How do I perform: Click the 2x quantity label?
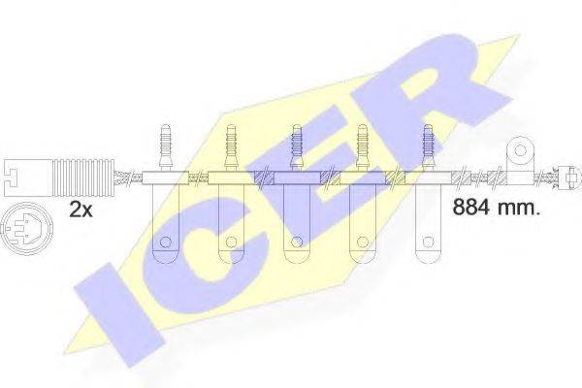(x=81, y=210)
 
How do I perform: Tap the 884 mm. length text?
(x=496, y=208)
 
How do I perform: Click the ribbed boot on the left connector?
(x=82, y=178)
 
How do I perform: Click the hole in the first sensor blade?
(x=165, y=242)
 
